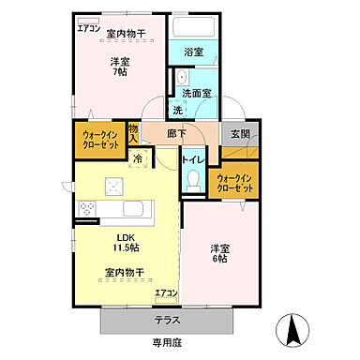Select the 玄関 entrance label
(241, 133)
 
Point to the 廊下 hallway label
(178, 133)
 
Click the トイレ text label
(192, 160)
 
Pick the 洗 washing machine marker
(177, 111)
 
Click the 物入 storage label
(133, 133)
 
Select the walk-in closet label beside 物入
(98, 140)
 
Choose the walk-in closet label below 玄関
(235, 182)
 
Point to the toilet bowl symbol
(193, 184)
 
